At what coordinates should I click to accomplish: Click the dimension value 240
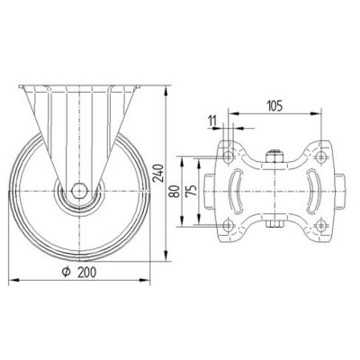[157, 174]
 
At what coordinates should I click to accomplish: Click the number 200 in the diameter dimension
[87, 273]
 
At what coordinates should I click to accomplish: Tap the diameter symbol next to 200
[67, 272]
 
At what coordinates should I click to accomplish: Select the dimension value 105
[274, 105]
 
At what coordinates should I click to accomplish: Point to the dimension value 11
[212, 121]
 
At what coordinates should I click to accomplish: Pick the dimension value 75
[192, 191]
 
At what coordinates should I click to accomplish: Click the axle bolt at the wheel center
[80, 191]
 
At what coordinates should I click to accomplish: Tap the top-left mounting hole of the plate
[229, 156]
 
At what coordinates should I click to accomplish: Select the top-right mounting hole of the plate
[321, 156]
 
